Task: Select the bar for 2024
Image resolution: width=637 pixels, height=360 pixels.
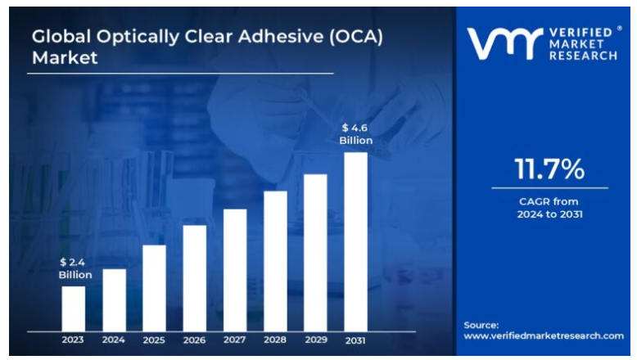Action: pyautogui.click(x=114, y=299)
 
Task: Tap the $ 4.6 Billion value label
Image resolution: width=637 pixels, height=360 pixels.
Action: pyautogui.click(x=356, y=134)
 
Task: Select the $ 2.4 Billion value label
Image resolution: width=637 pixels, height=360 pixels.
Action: pyautogui.click(x=75, y=268)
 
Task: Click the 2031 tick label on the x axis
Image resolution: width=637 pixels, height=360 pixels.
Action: pyautogui.click(x=355, y=340)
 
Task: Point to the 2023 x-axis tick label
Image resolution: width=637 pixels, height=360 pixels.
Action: pyautogui.click(x=74, y=340)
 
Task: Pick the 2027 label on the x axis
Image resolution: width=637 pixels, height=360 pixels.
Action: pyautogui.click(x=235, y=340)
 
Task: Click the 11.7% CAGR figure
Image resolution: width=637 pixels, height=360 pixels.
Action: pyautogui.click(x=549, y=169)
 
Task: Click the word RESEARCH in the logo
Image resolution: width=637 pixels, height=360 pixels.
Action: pyautogui.click(x=584, y=56)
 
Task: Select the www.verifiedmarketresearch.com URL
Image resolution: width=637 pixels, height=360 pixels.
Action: pyautogui.click(x=544, y=335)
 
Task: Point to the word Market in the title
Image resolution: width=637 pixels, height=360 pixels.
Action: pyautogui.click(x=65, y=58)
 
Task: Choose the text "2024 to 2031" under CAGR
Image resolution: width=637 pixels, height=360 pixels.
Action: pyautogui.click(x=549, y=214)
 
